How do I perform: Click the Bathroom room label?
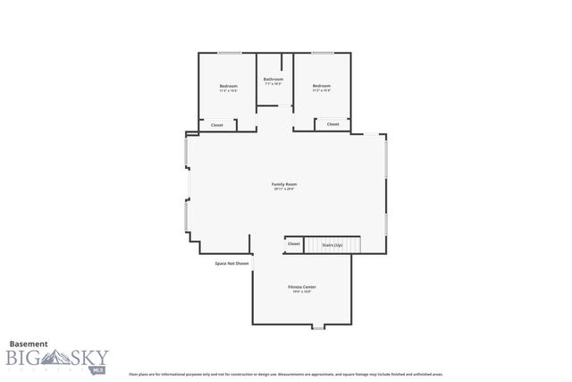[273, 79]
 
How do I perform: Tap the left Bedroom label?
[229, 86]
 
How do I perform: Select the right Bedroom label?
[322, 86]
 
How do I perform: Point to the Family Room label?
[283, 184]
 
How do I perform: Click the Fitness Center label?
[301, 287]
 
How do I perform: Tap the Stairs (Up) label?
[332, 243]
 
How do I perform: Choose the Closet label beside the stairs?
[294, 243]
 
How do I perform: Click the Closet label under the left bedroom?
[217, 125]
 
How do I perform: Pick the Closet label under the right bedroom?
[332, 124]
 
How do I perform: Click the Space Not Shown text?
[231, 263]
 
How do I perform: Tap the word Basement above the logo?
[29, 343]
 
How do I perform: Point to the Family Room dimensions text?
[283, 190]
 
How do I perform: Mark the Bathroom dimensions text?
[273, 84]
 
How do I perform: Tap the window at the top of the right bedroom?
[322, 53]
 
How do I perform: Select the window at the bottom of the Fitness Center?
[315, 327]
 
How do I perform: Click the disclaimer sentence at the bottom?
[286, 374]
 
